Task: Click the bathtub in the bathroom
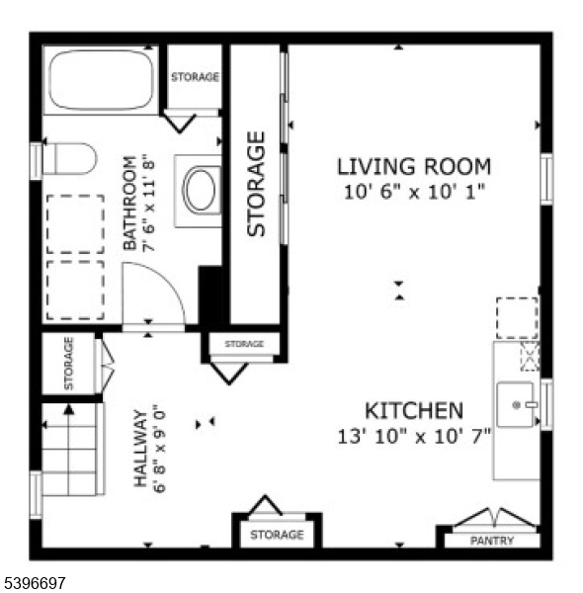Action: [x=101, y=78]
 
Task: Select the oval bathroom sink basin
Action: [x=201, y=190]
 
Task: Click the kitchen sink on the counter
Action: [x=516, y=404]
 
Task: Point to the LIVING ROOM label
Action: [x=414, y=166]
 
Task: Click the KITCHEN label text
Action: [x=414, y=410]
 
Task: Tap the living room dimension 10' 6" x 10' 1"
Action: [x=414, y=191]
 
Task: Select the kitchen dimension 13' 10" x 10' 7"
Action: [x=414, y=435]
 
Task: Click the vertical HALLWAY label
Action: [x=140, y=448]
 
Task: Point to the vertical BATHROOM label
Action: [x=128, y=202]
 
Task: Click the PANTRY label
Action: [x=491, y=541]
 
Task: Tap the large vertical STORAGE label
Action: [x=257, y=184]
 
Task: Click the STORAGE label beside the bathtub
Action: [x=195, y=77]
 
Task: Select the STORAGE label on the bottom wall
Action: [x=277, y=535]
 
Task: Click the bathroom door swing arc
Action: [x=158, y=290]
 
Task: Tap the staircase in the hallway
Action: [x=72, y=450]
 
